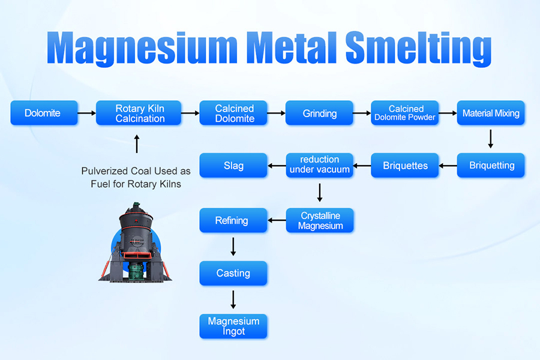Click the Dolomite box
point(44,113)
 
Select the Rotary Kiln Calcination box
point(139,113)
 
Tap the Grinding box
point(319,113)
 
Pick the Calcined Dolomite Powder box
point(405,113)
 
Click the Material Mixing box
point(491,113)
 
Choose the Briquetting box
point(491,166)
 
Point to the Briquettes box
point(405,166)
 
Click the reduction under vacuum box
point(319,166)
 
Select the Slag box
point(233,166)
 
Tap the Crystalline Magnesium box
point(319,220)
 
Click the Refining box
point(233,220)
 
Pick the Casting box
point(233,273)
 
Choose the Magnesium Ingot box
point(233,326)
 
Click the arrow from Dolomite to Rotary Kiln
point(87,113)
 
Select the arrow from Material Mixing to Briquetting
point(491,139)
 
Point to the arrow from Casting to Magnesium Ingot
point(233,299)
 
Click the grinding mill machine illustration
point(134,240)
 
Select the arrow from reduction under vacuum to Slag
point(276,166)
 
